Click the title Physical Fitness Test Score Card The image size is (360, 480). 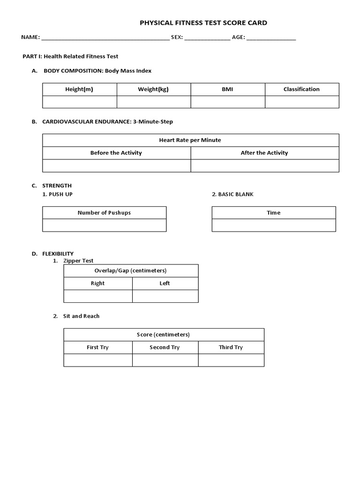coord(204,22)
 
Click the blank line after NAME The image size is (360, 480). coord(105,37)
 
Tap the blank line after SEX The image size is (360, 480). coord(207,37)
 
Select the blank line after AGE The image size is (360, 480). coord(271,37)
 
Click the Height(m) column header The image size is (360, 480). coord(79,90)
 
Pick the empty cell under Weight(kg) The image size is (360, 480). coord(154,102)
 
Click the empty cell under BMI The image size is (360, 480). coord(228,102)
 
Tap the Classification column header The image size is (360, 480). coord(301,90)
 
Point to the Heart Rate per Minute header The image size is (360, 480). coord(190,140)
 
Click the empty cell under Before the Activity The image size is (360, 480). coord(116,165)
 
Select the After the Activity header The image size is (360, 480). coord(264,153)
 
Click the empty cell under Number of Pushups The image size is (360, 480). coord(104,225)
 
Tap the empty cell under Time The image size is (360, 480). coord(274,225)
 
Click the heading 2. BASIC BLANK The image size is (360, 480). coord(232,195)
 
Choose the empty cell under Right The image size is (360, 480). coord(98,296)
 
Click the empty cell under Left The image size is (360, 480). coord(165,296)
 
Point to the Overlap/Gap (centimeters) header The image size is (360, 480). coord(131,271)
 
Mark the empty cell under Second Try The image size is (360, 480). coord(165,360)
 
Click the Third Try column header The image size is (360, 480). coord(231,347)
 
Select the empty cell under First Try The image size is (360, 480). coord(98,360)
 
